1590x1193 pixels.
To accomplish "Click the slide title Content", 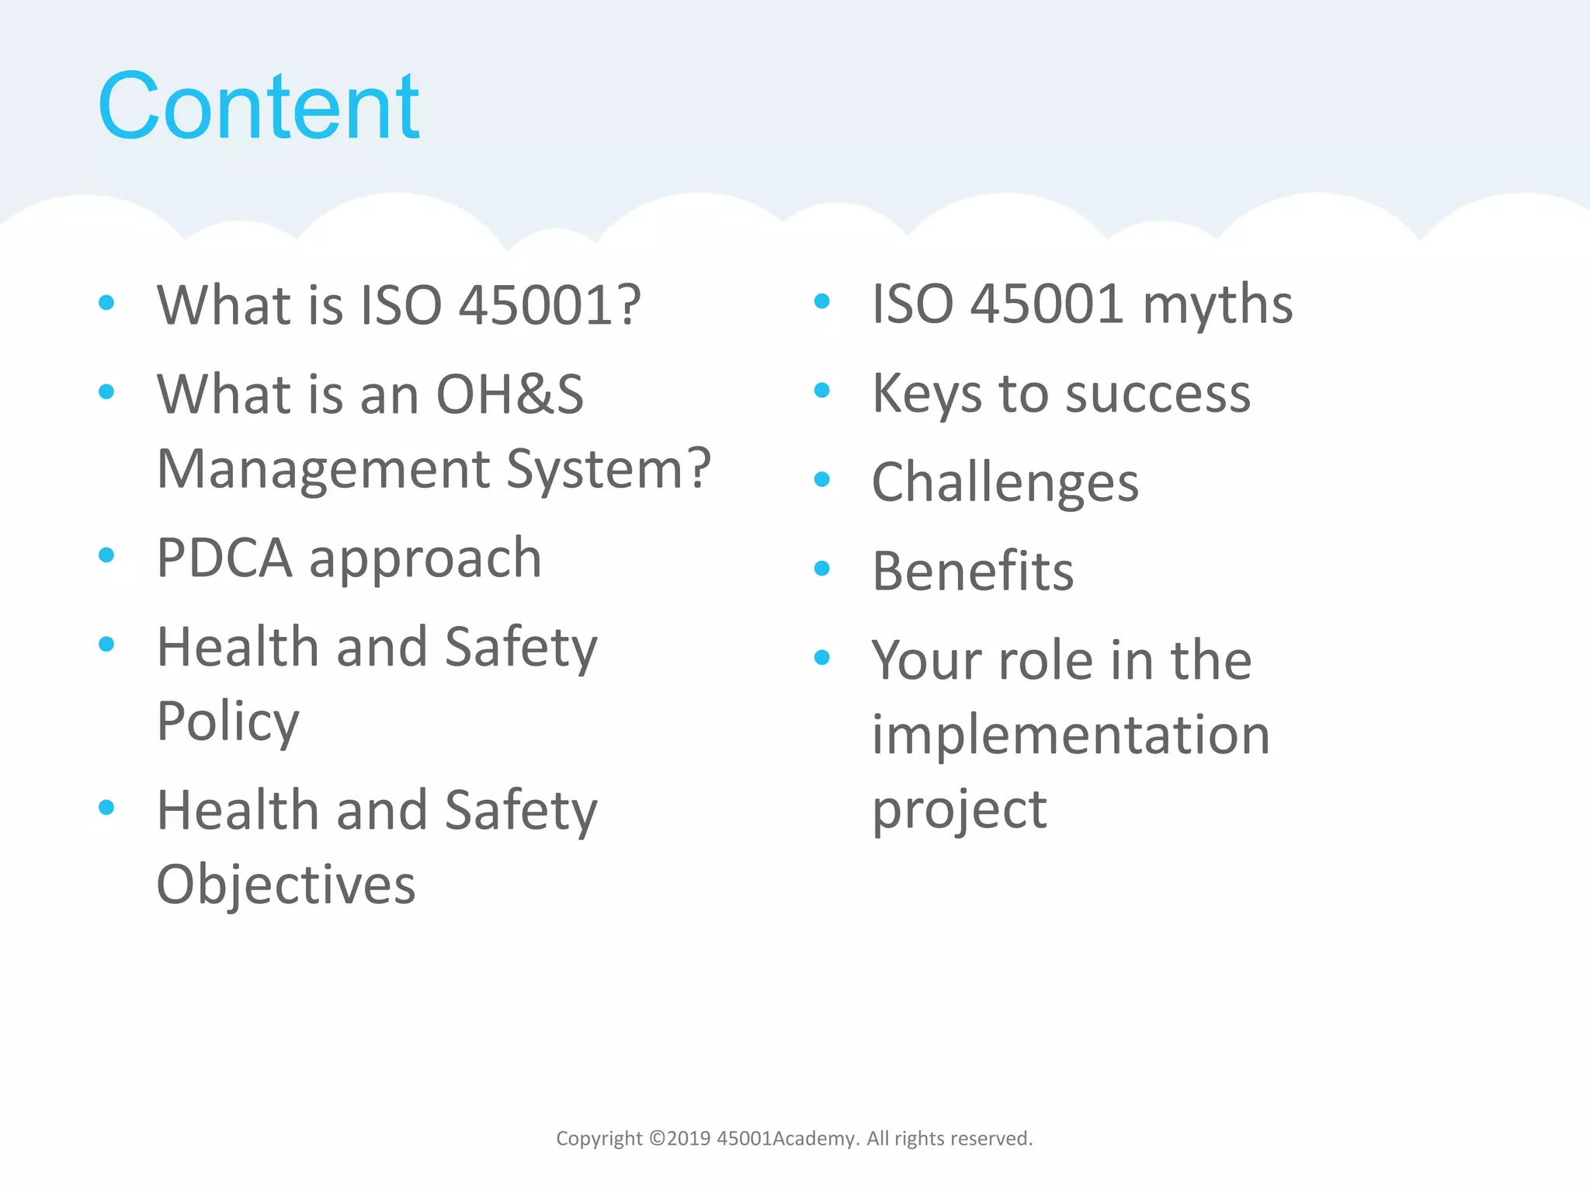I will tap(258, 106).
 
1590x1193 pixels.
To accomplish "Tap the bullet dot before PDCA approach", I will tap(107, 555).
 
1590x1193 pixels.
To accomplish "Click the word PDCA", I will tap(224, 558).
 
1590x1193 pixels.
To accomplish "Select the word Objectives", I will tap(286, 885).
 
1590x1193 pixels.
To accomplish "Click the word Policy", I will tap(227, 722).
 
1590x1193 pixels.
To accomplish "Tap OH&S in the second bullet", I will tap(509, 395).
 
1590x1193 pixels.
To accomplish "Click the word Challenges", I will tap(1005, 483).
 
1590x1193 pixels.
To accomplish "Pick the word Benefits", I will tap(973, 572).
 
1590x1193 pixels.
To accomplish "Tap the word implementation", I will tap(1070, 735).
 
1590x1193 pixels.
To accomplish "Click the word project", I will tap(959, 809).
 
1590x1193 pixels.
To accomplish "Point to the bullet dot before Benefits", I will tap(822, 569).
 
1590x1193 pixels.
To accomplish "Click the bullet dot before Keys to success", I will tap(822, 391).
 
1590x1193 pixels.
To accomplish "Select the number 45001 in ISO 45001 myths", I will tap(1047, 304).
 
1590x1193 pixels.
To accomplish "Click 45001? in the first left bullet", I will tap(550, 305).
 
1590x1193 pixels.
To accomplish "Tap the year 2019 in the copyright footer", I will tap(689, 1139).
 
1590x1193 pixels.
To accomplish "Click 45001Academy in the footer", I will tap(786, 1139).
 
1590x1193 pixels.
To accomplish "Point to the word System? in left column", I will tap(608, 469).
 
